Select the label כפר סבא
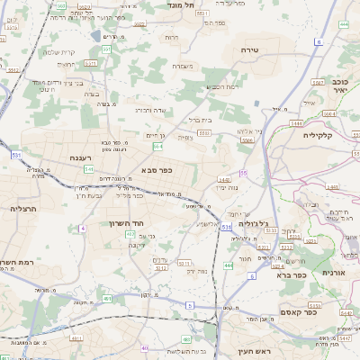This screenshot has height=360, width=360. click(157, 169)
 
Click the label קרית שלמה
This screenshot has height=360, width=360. click(58, 52)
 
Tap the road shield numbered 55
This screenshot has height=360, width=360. click(243, 173)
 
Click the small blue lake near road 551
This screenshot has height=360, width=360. click(96, 37)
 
